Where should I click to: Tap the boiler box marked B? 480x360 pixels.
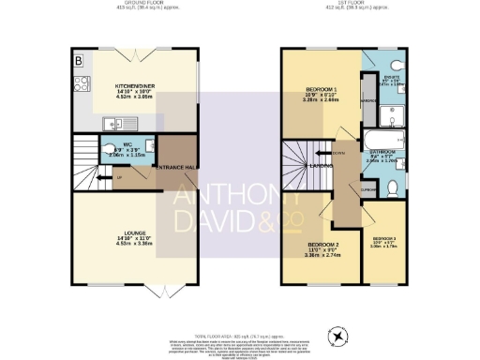(78, 61)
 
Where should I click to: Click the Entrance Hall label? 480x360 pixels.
(174, 166)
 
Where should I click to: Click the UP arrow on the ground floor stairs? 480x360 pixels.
(119, 176)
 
